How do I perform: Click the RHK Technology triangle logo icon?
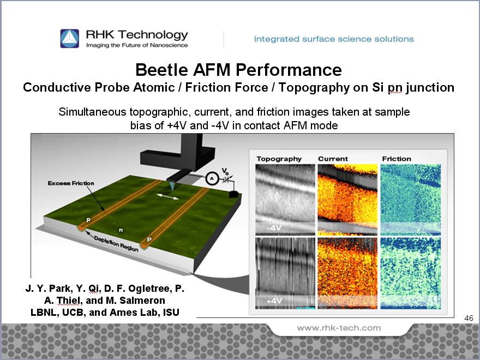tap(69, 39)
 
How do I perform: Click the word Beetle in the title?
tap(161, 70)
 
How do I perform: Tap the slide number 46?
tap(469, 318)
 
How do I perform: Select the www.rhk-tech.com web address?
tap(339, 328)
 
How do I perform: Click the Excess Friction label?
tap(71, 183)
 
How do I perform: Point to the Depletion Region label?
tap(116, 244)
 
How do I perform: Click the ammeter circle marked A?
tap(212, 178)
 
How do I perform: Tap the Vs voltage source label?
tap(225, 171)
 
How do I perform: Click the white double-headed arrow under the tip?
tap(167, 196)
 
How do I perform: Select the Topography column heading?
tap(279, 159)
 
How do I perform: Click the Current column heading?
tap(333, 159)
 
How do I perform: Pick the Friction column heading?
tap(397, 159)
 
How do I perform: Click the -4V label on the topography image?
tap(274, 228)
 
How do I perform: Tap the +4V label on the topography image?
tap(274, 301)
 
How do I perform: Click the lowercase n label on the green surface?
tap(121, 230)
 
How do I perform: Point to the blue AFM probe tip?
tap(172, 185)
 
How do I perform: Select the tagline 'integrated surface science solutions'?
tap(334, 39)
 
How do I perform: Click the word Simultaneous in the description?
tap(92, 112)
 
